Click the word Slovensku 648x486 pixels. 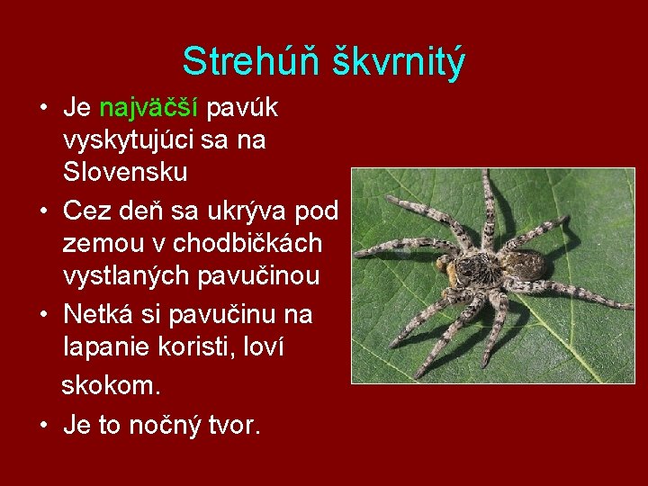(x=125, y=171)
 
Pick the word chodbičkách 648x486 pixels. (x=249, y=243)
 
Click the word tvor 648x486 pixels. (x=235, y=425)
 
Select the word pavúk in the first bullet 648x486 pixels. (x=243, y=109)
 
